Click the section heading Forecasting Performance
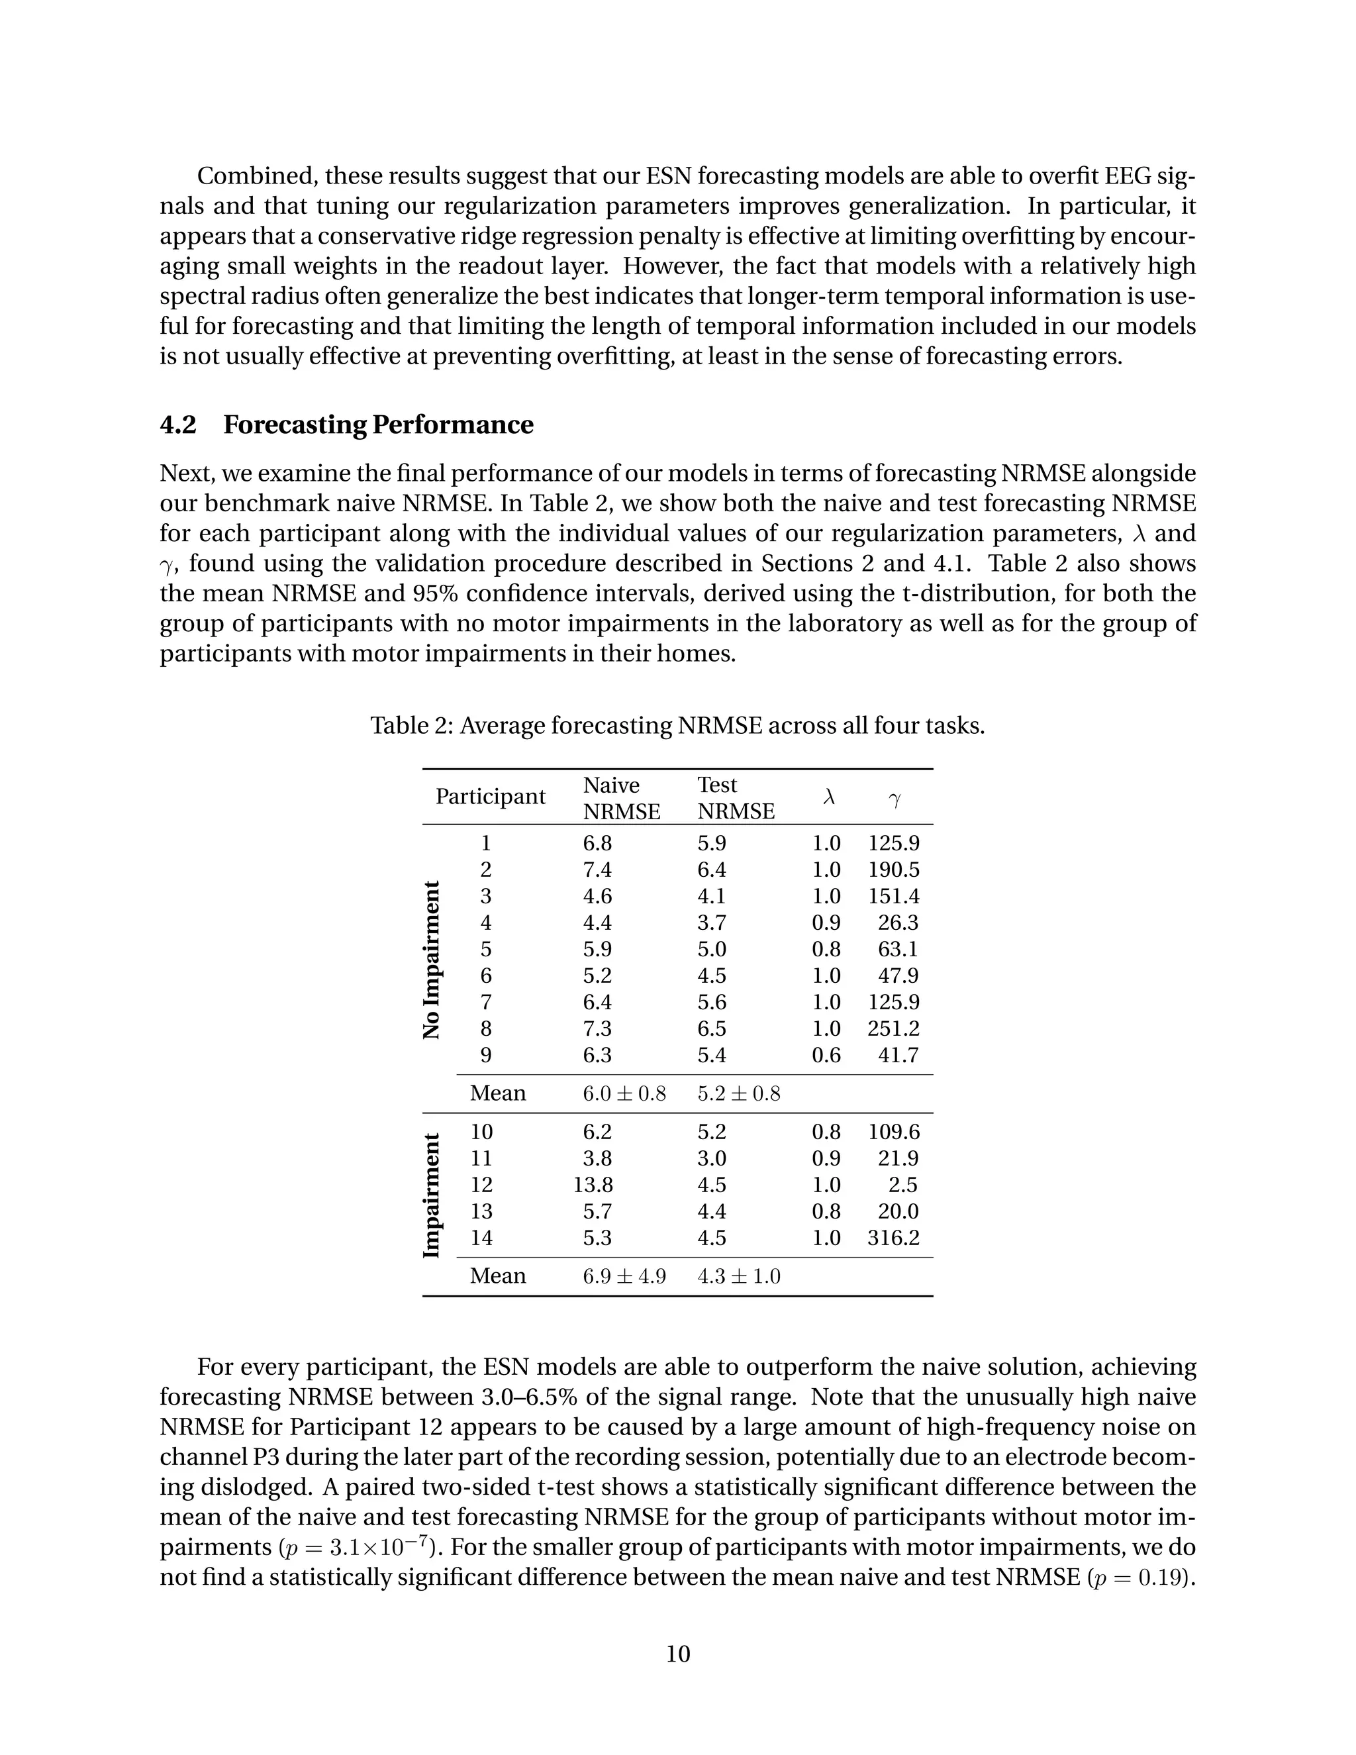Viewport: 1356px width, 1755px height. tap(377, 425)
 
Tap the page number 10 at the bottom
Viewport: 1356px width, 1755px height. tap(678, 1653)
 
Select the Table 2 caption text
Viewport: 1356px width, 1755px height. tap(677, 726)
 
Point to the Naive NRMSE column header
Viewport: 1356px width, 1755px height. tap(621, 798)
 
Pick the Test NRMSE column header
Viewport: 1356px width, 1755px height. tap(735, 798)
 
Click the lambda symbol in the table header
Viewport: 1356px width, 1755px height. tap(829, 797)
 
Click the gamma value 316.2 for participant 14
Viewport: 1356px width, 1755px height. tap(893, 1238)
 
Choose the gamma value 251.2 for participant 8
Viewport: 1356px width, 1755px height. tap(893, 1028)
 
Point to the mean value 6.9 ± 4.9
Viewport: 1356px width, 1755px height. tap(624, 1276)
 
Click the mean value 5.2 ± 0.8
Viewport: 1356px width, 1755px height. tap(738, 1093)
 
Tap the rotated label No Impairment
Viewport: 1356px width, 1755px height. tap(432, 960)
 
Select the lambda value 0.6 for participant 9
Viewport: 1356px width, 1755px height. tap(826, 1055)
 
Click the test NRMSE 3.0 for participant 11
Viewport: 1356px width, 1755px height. tap(711, 1158)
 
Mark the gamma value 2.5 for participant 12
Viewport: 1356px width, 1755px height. tap(904, 1185)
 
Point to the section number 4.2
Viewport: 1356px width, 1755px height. tap(177, 425)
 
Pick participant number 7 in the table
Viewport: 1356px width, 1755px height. tap(485, 1002)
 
